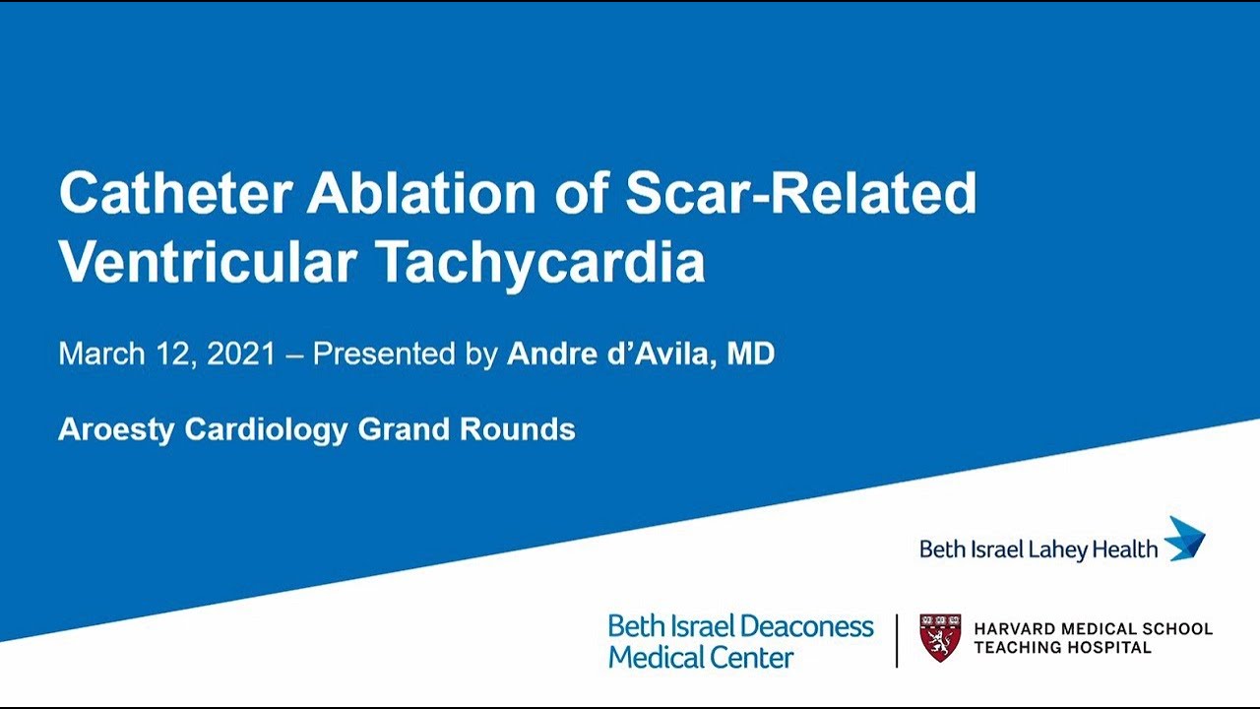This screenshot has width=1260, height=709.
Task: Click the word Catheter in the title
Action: (x=173, y=193)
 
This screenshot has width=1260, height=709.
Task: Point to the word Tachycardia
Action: (x=539, y=262)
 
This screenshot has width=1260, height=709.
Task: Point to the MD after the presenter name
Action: (x=750, y=354)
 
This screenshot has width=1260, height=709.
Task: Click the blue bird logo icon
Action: (x=1185, y=539)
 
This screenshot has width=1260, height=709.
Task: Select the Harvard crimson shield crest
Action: (x=939, y=637)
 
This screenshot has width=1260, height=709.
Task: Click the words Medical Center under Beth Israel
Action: (x=700, y=657)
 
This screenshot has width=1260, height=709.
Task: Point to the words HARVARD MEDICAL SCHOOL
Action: (x=1093, y=628)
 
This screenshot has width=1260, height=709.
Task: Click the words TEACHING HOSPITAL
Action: (x=1061, y=648)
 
